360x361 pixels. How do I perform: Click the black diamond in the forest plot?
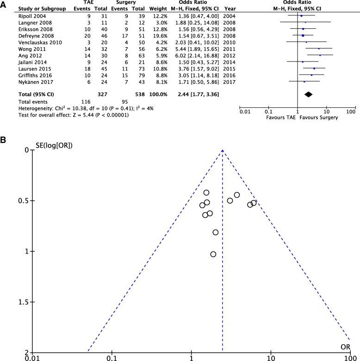pyautogui.click(x=309, y=94)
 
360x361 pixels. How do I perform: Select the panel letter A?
pyautogui.click(x=4, y=5)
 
